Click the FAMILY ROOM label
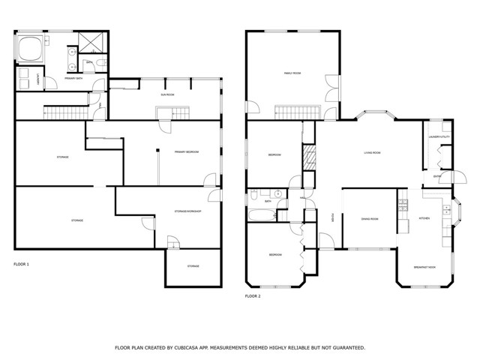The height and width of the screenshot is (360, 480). (292, 73)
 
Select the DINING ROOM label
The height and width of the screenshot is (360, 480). (369, 219)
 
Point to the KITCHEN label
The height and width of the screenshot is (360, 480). (424, 218)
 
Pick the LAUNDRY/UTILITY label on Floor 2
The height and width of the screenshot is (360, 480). (438, 136)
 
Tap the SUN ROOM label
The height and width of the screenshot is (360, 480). (167, 95)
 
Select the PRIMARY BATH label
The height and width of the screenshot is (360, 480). (73, 78)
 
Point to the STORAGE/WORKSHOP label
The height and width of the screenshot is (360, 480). (188, 211)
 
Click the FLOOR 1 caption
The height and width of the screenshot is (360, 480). (22, 264)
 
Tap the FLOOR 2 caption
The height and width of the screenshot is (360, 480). (253, 296)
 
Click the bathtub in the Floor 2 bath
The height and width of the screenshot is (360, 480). (262, 217)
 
